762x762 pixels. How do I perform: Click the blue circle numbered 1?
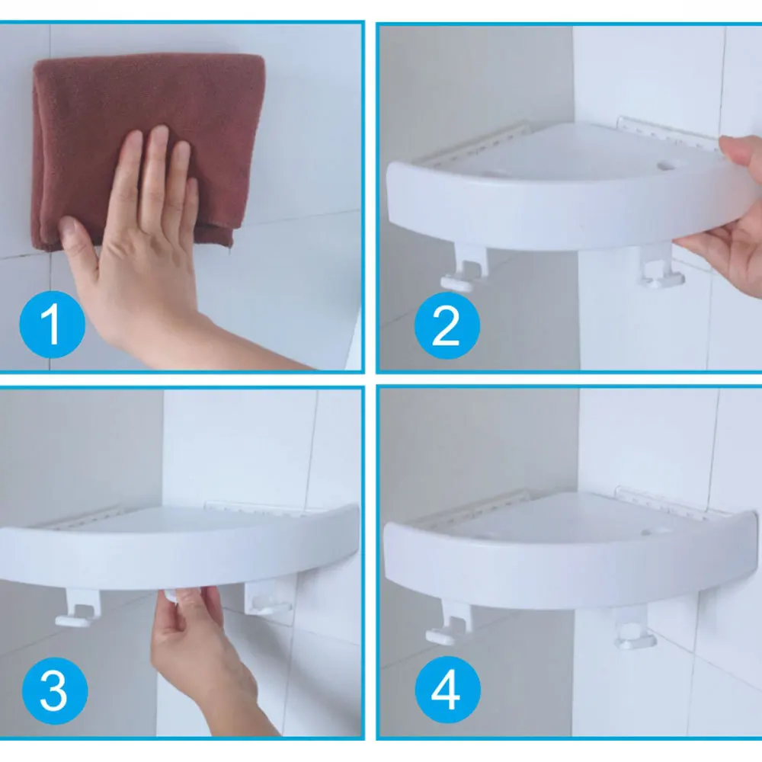point(52,324)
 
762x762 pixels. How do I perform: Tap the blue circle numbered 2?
point(447,325)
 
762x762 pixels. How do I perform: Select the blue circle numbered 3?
point(55,690)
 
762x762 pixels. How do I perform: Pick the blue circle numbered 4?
point(447,689)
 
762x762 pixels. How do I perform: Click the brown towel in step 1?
point(146,146)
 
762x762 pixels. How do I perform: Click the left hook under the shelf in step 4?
point(450,625)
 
